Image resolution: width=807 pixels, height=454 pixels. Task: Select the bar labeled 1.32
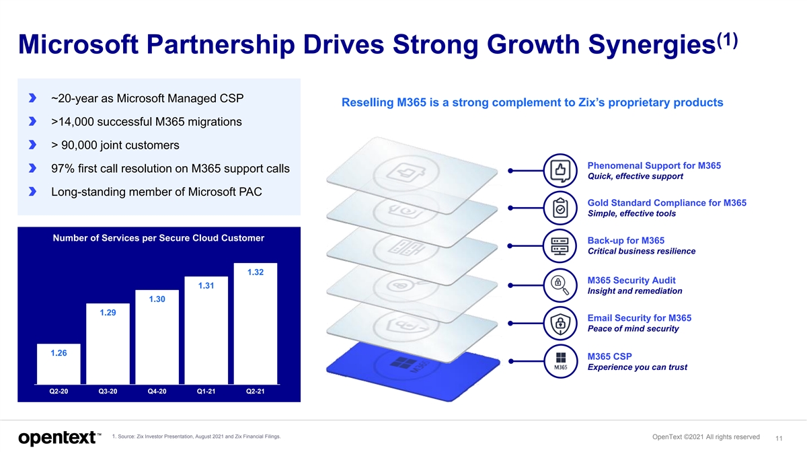[255, 323]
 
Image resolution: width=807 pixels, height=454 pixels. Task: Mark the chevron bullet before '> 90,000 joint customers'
[32, 145]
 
